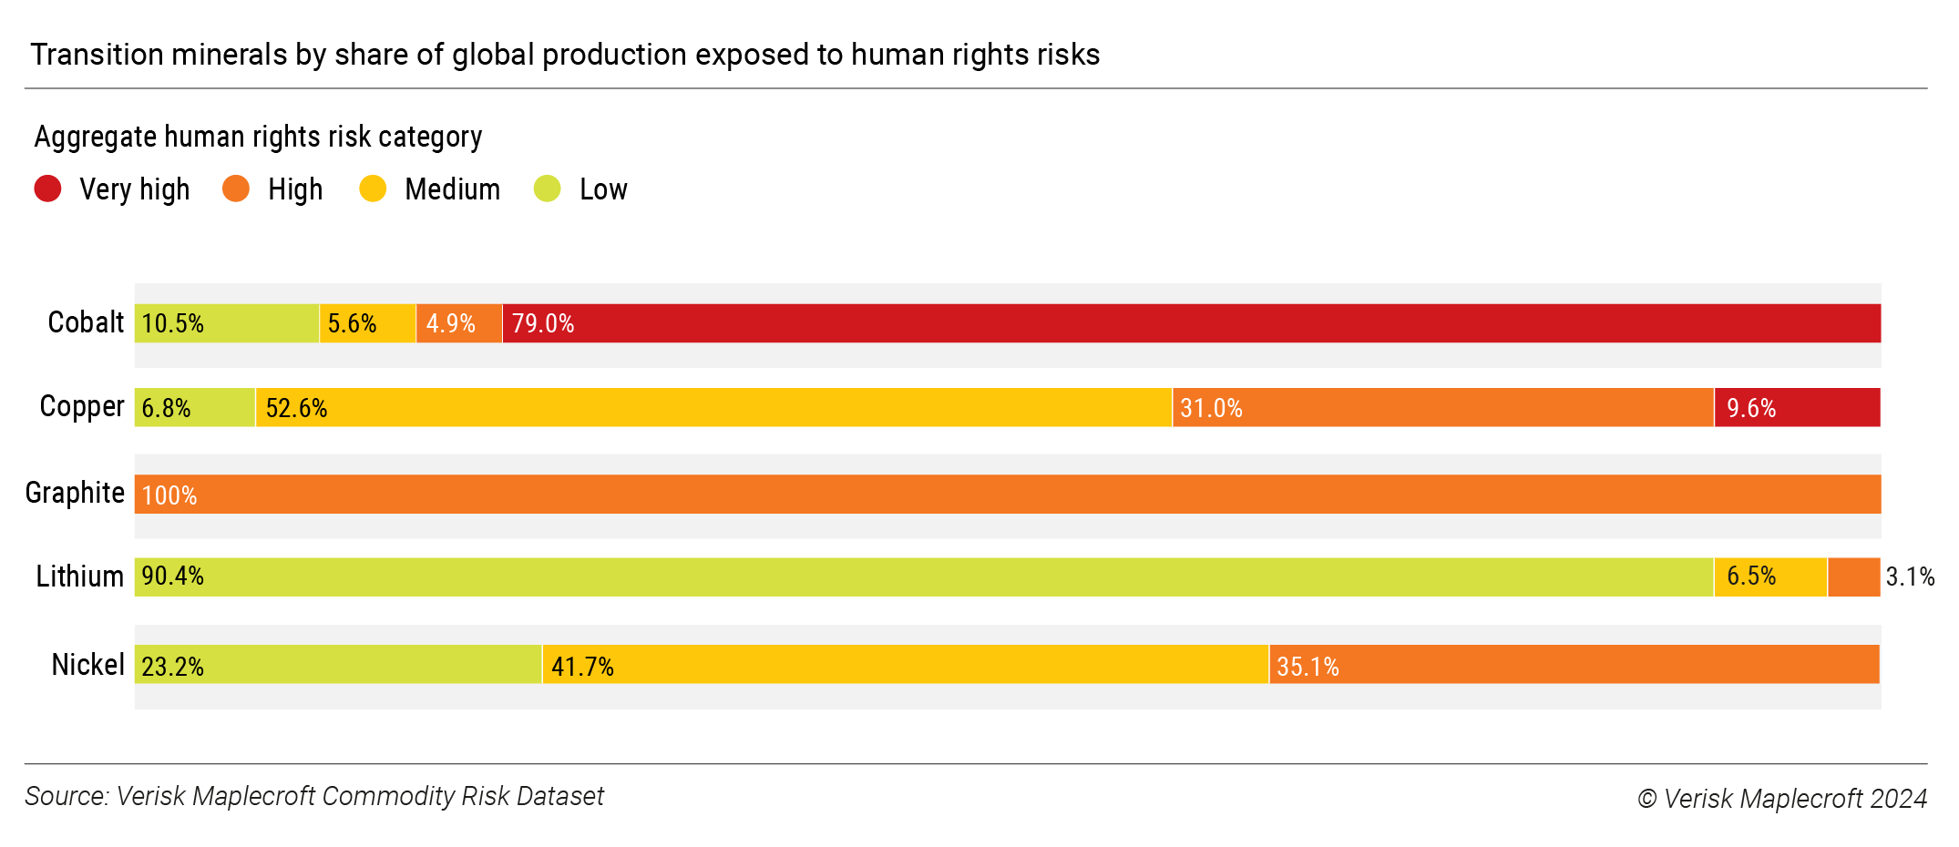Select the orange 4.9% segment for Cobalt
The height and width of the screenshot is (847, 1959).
click(x=459, y=323)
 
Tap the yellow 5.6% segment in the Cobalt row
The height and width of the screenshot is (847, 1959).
click(x=367, y=323)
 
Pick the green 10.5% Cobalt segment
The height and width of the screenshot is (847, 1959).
click(x=227, y=323)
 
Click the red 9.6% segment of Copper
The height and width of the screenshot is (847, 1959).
click(x=1797, y=407)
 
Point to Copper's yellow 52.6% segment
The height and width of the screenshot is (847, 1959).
click(x=713, y=407)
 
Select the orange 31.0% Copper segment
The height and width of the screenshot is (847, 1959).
click(x=1442, y=407)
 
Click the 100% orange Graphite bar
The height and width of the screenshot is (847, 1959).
click(x=1007, y=495)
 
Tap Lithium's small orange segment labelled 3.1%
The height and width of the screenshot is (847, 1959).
click(x=1853, y=577)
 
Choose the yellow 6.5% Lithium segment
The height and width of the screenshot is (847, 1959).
click(x=1769, y=577)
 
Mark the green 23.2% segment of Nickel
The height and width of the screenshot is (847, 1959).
click(x=338, y=665)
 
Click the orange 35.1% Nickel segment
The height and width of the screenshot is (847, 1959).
click(x=1574, y=665)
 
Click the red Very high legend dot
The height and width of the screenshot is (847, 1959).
click(x=47, y=189)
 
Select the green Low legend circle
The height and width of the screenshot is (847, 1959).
click(x=547, y=189)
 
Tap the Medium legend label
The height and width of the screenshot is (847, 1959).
click(x=452, y=189)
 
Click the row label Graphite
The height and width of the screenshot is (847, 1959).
click(x=75, y=493)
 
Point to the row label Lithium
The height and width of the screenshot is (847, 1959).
click(x=80, y=577)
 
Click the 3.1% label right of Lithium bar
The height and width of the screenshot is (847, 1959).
click(x=1910, y=577)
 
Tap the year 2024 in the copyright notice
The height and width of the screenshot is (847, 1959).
click(x=1898, y=799)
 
